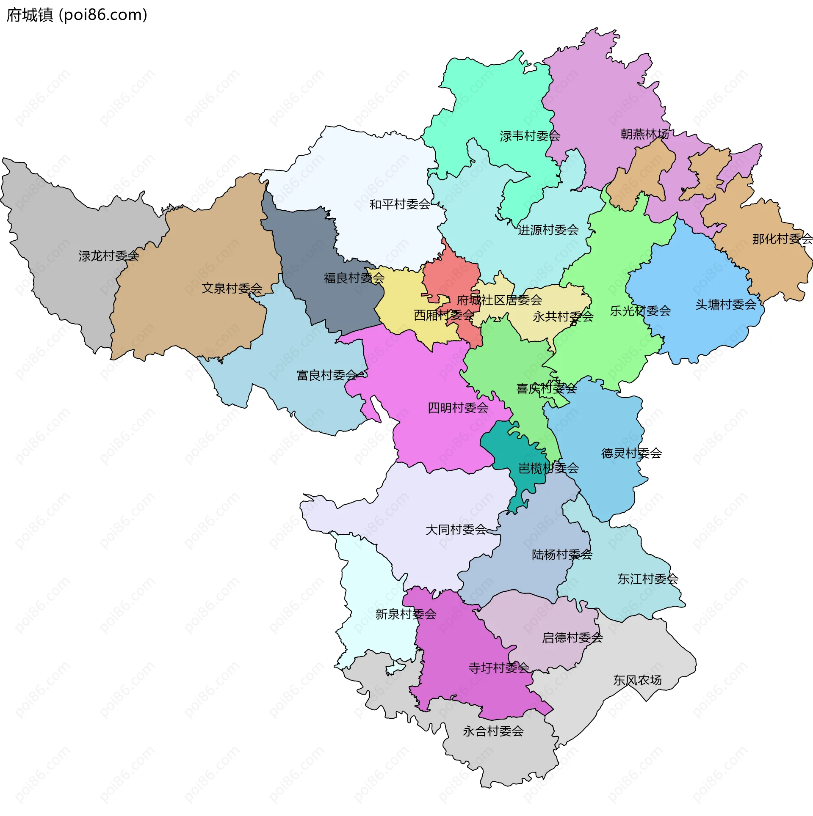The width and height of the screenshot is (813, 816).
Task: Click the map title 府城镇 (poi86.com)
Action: [x=77, y=15]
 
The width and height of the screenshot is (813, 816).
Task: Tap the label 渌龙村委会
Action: [x=109, y=256]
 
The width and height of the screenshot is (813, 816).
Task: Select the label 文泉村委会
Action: [x=232, y=288]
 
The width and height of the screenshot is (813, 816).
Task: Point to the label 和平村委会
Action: [x=400, y=205]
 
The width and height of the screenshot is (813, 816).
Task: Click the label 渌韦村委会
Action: [x=530, y=136]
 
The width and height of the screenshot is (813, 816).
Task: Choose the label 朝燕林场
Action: [x=644, y=134]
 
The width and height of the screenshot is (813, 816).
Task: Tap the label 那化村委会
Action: [x=782, y=239]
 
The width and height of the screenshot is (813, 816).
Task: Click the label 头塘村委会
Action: [x=725, y=305]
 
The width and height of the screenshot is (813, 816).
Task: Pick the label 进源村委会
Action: [x=548, y=230]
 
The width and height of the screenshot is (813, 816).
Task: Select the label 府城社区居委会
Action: [x=499, y=300]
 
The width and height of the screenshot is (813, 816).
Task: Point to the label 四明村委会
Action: [x=458, y=408]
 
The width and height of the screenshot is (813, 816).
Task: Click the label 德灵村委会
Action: [x=631, y=453]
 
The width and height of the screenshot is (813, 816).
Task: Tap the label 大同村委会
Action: [x=456, y=530]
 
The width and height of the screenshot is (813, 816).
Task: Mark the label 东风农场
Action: [x=637, y=680]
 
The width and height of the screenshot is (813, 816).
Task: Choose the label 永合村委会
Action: [x=493, y=731]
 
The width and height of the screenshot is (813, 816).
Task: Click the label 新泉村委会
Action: [x=406, y=614]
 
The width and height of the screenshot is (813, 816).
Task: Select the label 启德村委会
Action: [x=572, y=638]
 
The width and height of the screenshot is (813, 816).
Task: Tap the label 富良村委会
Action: [x=327, y=375]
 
